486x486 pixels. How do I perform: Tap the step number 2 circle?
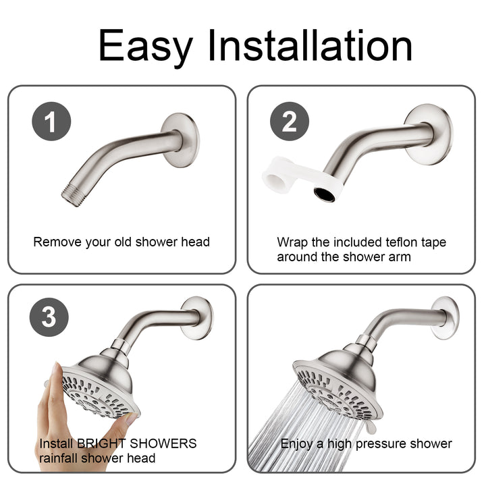coord(289,123)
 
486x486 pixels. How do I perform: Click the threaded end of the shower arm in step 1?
coord(72,194)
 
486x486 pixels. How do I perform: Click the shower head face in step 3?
coord(99,396)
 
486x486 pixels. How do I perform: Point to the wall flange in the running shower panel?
coord(445,317)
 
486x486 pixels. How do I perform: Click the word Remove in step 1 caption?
coord(55,242)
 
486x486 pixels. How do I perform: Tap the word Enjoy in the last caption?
coord(298,443)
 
